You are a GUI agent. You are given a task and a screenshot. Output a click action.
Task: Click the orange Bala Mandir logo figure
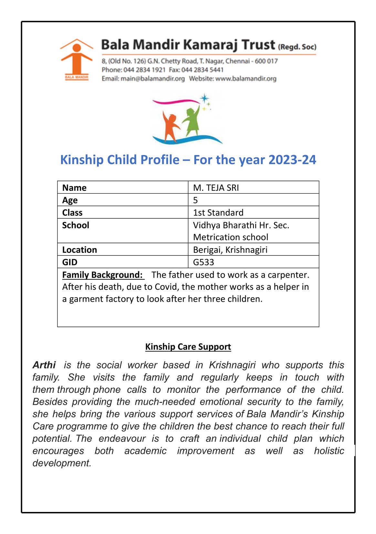76,58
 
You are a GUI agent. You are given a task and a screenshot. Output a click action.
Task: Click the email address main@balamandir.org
152,79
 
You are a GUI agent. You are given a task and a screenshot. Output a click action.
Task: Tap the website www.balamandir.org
246,79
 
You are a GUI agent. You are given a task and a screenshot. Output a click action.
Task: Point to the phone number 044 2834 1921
144,70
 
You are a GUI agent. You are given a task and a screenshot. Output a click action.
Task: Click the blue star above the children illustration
204,98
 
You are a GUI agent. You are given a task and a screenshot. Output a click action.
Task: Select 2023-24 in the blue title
292,160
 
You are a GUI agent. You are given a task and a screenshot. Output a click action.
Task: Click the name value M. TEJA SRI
216,188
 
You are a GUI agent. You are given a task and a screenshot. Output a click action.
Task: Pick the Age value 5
195,200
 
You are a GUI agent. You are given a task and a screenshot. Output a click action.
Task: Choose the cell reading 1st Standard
218,213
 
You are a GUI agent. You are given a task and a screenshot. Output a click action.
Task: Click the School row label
76,225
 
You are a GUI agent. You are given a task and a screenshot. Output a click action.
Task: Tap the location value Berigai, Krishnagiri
230,250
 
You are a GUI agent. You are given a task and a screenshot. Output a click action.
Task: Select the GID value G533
204,262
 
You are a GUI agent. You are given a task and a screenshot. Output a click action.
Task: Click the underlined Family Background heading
102,275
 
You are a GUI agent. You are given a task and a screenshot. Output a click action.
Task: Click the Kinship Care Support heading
188,347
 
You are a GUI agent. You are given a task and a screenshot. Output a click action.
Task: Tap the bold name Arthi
44,365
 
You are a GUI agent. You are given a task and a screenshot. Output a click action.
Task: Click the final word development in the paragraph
62,463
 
